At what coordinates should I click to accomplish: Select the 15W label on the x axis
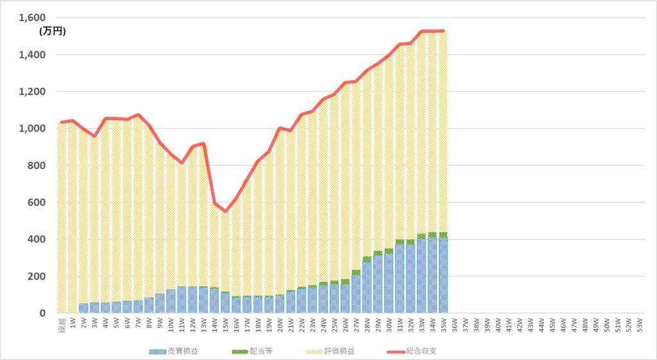point(225,323)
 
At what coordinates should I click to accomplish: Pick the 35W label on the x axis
point(443,323)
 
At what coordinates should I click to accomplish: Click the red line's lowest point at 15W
point(225,211)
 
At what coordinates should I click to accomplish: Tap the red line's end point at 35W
point(443,31)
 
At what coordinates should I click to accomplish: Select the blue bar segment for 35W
point(443,276)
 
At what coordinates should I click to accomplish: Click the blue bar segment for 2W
point(83,308)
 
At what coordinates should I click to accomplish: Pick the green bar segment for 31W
point(399,242)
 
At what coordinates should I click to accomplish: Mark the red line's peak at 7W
point(138,115)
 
